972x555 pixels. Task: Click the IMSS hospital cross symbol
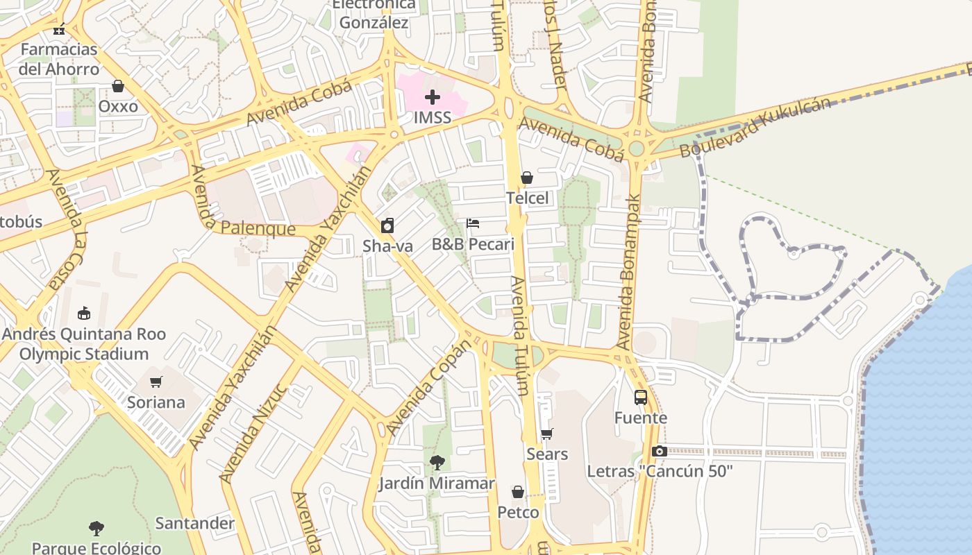(x=433, y=97)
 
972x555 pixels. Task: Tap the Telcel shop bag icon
(x=527, y=178)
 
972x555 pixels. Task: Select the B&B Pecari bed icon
(x=473, y=223)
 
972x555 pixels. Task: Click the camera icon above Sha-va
(x=387, y=225)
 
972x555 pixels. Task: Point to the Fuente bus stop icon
(x=641, y=398)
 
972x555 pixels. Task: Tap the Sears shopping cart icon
(x=547, y=434)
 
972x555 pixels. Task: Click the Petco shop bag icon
(x=518, y=492)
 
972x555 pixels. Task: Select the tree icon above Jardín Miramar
(x=437, y=463)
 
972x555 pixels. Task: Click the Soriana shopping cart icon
(x=156, y=382)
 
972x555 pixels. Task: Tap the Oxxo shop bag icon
(x=118, y=86)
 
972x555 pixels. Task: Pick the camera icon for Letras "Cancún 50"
(x=660, y=452)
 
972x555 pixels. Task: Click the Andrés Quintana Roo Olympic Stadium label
(x=84, y=344)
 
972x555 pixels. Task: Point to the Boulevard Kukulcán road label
(x=755, y=128)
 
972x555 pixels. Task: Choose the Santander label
(x=195, y=523)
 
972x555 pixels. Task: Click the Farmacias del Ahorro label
(x=59, y=59)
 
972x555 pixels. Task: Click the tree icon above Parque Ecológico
(x=97, y=529)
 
